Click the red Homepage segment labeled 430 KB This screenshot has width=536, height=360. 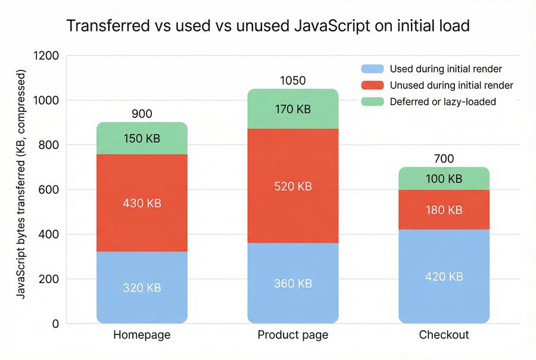pos(142,203)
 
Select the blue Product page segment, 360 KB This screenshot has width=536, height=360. pos(292,283)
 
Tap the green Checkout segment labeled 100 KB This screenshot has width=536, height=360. pos(444,178)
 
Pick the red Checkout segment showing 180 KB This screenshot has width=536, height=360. pos(444,210)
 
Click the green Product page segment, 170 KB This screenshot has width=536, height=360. pos(292,109)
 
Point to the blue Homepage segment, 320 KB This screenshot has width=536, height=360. pos(142,287)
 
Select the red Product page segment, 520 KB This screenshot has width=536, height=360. pos(292,186)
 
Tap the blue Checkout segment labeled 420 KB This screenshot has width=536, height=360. pos(444,277)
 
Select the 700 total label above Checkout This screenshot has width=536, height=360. pos(444,159)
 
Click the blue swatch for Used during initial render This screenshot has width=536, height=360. pos(372,69)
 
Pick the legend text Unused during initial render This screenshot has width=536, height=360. pos(451,85)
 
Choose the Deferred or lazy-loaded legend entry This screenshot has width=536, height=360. pos(442,102)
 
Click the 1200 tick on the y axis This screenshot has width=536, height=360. pos(47,56)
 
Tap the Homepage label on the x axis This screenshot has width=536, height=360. pos(142,335)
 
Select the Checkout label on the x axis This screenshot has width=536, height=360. pos(444,335)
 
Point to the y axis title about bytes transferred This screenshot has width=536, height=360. pos(21,185)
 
